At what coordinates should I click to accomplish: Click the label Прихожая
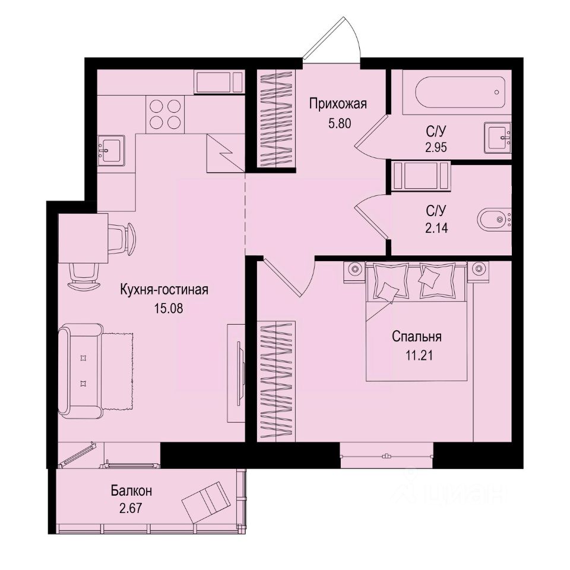338,104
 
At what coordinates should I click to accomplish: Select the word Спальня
416,337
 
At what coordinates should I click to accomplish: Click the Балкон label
131,492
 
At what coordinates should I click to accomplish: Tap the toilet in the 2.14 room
495,220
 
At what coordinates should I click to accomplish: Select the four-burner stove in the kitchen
164,114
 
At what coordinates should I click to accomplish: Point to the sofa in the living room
83,370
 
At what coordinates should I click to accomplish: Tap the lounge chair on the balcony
205,501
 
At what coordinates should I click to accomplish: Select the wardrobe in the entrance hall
276,118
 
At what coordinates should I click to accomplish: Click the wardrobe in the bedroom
276,380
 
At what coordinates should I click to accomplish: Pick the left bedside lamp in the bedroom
355,268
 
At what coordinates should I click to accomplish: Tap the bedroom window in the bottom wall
386,455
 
